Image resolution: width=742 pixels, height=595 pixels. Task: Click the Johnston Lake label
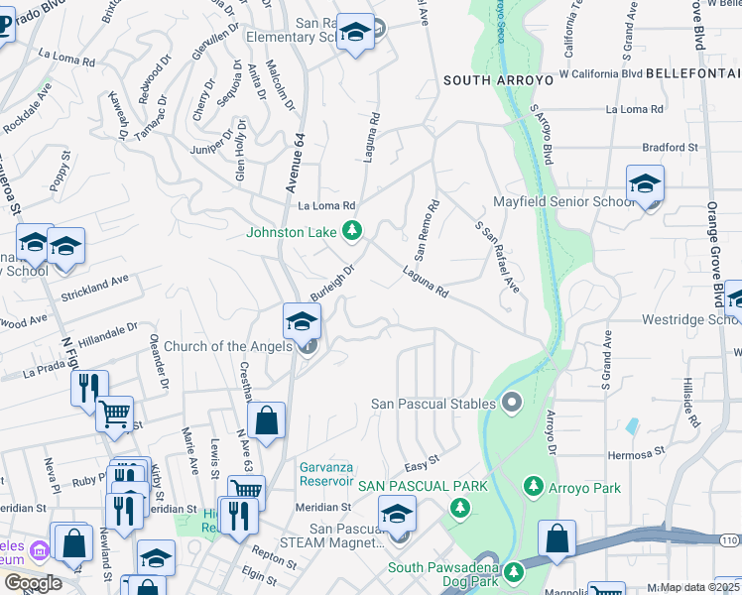[x=293, y=233]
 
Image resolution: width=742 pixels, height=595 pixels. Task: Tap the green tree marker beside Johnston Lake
[x=351, y=232]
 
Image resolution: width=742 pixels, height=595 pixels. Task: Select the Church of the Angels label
[x=227, y=346]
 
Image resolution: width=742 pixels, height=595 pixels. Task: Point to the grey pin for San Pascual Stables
[x=512, y=402]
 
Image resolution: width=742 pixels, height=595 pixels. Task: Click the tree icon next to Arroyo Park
[x=534, y=486]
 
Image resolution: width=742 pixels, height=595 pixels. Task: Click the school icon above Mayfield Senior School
[x=645, y=184]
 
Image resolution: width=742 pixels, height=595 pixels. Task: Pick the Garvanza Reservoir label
[x=326, y=474]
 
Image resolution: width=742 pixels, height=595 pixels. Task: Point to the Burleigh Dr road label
[x=332, y=283]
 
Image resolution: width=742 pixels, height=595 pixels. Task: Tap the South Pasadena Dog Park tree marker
[x=513, y=572]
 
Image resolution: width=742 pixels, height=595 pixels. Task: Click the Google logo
[x=33, y=583]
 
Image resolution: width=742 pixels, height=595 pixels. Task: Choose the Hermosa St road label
[x=635, y=452]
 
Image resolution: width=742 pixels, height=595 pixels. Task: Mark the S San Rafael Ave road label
[x=498, y=256]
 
